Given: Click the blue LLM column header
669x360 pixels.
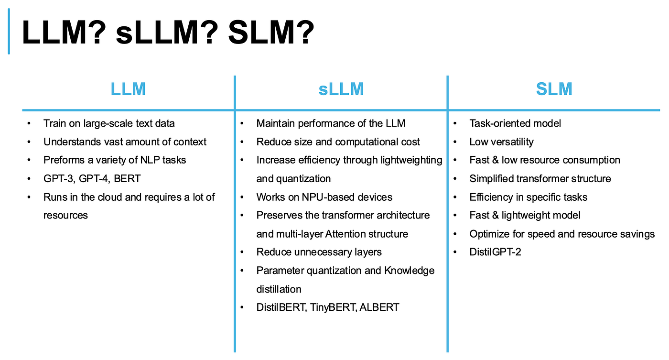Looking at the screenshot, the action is click(128, 89).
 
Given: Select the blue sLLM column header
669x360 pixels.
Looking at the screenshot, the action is click(341, 89).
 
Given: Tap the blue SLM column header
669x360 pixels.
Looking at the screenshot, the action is click(554, 89).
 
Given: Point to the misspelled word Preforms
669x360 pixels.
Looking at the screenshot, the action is click(64, 160).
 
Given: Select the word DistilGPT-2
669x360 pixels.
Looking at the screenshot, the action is click(495, 252).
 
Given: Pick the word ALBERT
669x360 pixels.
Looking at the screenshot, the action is click(379, 307).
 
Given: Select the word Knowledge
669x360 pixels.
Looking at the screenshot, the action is click(409, 271).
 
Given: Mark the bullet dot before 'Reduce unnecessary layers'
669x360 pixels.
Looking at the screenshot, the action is click(242, 252).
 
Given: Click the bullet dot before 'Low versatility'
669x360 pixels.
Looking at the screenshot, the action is click(455, 142).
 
